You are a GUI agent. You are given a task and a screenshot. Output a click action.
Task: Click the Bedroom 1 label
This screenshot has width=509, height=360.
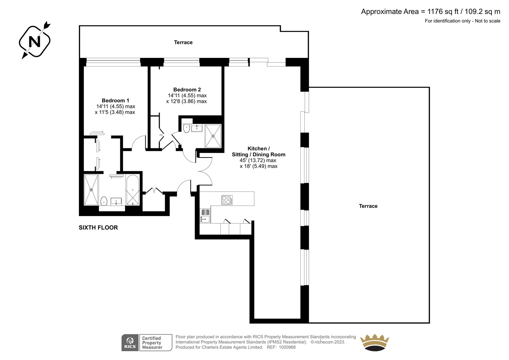click(x=115, y=101)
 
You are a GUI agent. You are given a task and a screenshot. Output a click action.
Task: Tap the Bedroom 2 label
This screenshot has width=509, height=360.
click(x=187, y=89)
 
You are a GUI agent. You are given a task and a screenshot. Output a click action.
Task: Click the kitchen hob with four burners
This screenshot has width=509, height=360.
click(x=227, y=200)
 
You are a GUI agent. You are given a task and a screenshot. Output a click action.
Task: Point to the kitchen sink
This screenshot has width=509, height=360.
click(x=205, y=216)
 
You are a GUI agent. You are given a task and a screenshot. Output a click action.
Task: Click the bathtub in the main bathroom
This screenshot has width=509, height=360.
click(x=132, y=190)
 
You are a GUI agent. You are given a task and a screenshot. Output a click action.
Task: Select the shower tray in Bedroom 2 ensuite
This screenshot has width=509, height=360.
click(x=213, y=136)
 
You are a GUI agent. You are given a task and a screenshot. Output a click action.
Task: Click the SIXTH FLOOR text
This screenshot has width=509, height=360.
click(x=98, y=228)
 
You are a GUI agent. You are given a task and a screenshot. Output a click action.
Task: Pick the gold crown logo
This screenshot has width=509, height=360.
click(x=374, y=342)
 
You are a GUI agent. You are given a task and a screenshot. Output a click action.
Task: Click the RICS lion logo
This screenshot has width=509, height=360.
click(x=130, y=342)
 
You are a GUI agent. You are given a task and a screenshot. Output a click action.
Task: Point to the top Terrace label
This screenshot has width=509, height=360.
click(x=183, y=42)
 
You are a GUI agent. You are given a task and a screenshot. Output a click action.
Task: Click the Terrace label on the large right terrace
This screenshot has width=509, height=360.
click(x=368, y=206)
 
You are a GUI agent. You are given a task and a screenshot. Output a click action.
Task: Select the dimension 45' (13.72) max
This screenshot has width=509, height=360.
click(x=258, y=160)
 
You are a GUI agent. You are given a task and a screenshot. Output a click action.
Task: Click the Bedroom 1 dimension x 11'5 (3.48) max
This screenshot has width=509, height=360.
click(x=115, y=112)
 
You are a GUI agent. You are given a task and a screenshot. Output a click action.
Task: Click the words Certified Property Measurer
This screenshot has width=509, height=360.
click(x=152, y=343)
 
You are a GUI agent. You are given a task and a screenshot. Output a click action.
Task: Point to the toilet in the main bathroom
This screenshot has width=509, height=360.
click(x=104, y=201)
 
